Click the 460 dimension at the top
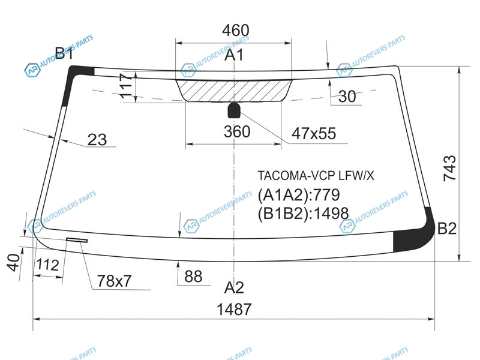click(x=235, y=31)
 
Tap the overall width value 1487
click(x=234, y=309)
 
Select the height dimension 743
click(x=449, y=168)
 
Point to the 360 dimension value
click(x=237, y=131)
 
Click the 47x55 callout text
click(x=314, y=133)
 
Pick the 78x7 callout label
click(x=114, y=281)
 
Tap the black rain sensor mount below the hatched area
click(x=234, y=110)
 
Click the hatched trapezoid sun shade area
click(x=234, y=91)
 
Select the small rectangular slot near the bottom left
click(x=77, y=240)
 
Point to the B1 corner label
click(x=64, y=53)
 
